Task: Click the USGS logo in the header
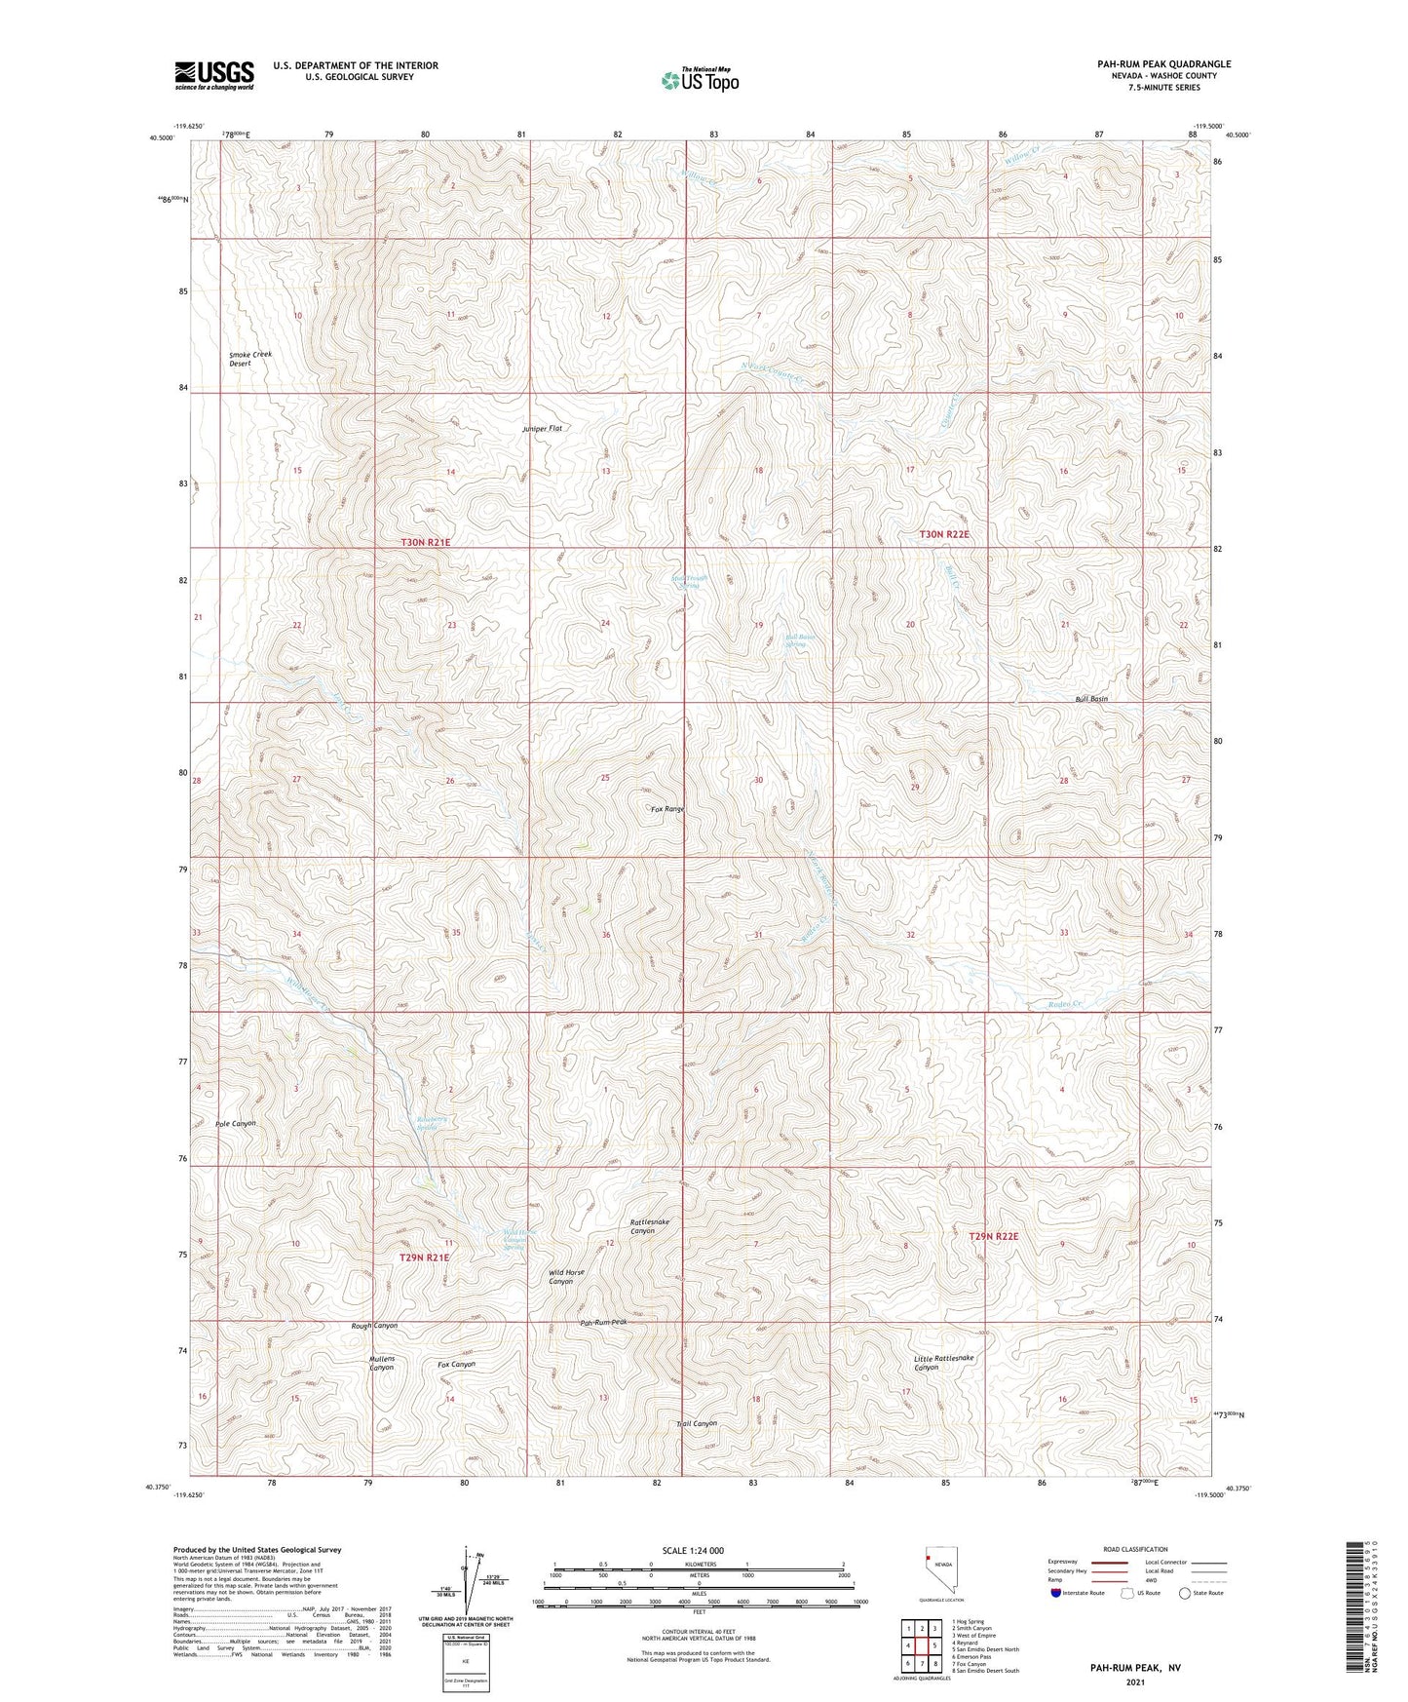pos(214,75)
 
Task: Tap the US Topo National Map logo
pos(700,80)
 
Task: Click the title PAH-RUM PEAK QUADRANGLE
pos(1163,64)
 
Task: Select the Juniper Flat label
pos(543,429)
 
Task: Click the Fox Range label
pos(668,809)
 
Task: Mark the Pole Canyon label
pos(235,1123)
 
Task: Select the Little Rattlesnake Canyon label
pos(943,1363)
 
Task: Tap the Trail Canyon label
pos(697,1424)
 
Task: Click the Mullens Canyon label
pos(381,1363)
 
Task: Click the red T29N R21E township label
pos(424,1258)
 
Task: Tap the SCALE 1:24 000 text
pos(695,1551)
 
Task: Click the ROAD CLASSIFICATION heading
pos(1136,1549)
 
